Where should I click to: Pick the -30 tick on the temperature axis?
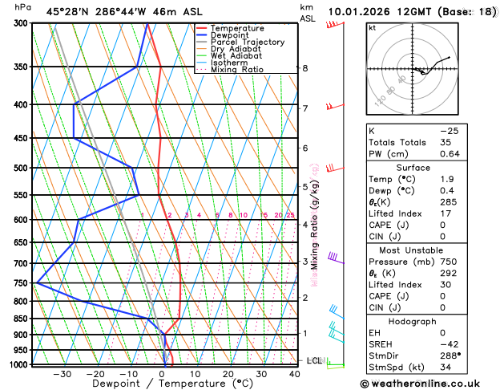coord(62,374)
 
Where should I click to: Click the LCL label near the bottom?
coord(314,361)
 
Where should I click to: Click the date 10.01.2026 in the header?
coord(360,10)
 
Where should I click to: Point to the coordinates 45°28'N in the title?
coord(68,10)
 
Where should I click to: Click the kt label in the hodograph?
coord(372,28)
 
